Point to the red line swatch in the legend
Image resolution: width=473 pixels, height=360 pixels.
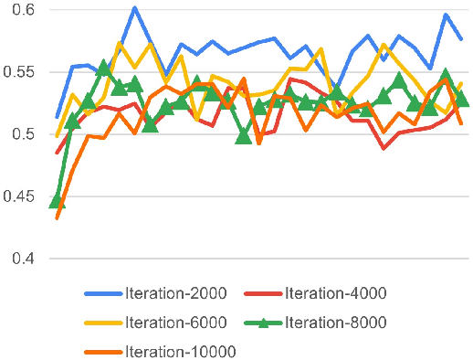264,293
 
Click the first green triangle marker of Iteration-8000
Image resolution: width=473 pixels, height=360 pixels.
57,200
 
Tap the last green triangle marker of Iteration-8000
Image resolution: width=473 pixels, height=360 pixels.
462,98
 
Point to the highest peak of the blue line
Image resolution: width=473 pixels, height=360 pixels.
134,8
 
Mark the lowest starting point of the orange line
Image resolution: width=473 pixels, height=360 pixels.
57,217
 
